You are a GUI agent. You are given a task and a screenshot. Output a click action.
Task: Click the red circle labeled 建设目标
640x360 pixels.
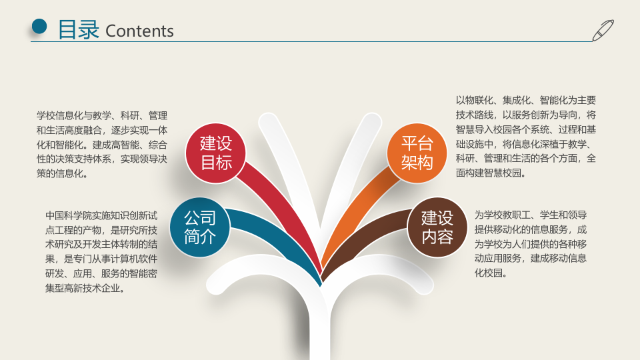point(217,153)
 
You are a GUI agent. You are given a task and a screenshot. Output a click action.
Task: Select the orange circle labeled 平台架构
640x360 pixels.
point(417,153)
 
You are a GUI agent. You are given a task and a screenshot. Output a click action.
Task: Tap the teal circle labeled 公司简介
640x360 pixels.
point(200,227)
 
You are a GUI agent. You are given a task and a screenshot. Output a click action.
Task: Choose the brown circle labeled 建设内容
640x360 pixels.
point(437,227)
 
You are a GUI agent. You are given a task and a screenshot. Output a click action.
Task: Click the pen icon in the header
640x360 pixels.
point(603,30)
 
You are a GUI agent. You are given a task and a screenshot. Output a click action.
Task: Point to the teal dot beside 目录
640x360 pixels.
point(40,26)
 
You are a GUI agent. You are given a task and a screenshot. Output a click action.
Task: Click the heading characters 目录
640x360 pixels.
point(78,30)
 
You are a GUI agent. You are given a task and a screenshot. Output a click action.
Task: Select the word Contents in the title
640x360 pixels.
point(139,31)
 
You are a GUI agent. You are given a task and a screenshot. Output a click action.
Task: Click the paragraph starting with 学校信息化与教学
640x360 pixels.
point(101,144)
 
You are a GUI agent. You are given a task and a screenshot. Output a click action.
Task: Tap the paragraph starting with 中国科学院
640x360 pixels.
point(101,252)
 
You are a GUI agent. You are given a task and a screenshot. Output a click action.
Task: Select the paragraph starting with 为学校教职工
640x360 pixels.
point(531,243)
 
